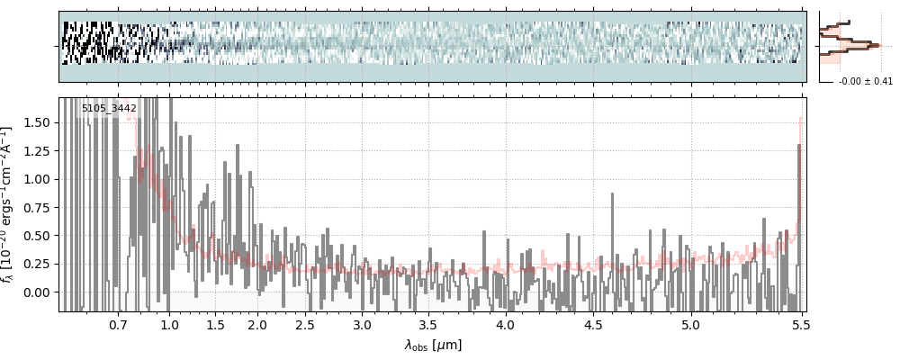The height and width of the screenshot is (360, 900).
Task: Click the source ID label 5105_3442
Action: (x=109, y=109)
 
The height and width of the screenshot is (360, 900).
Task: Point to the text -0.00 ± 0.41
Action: (x=865, y=82)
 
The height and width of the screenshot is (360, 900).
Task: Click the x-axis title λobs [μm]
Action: (x=433, y=345)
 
